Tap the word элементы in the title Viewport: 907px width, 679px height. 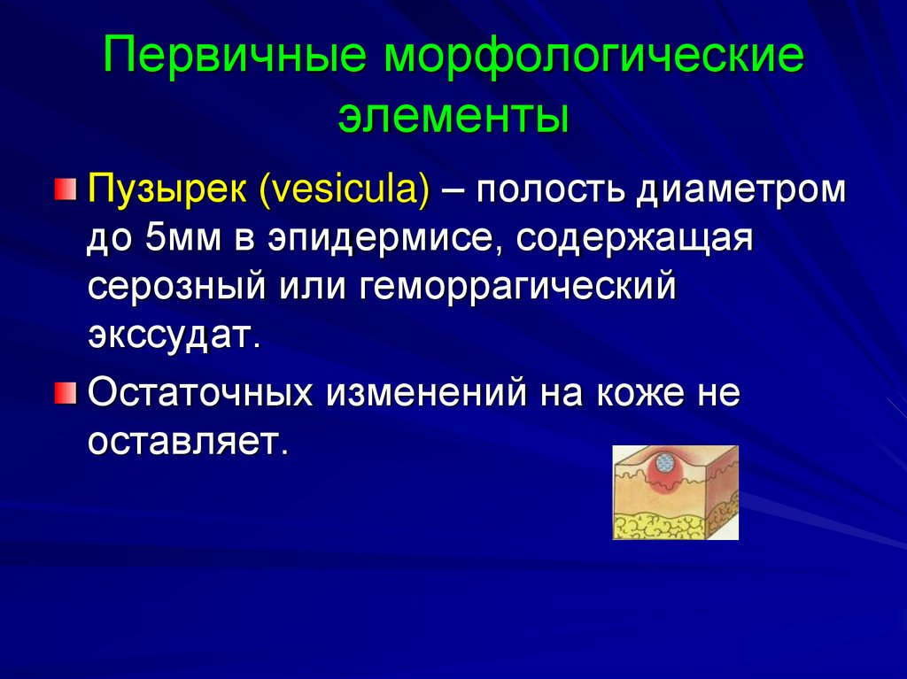tap(453, 115)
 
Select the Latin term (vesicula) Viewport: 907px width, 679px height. tap(346, 190)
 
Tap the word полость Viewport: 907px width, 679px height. tap(552, 190)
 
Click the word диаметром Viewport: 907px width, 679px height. tap(740, 190)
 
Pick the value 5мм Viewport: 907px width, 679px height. tap(167, 239)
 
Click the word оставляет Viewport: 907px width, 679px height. tap(188, 441)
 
